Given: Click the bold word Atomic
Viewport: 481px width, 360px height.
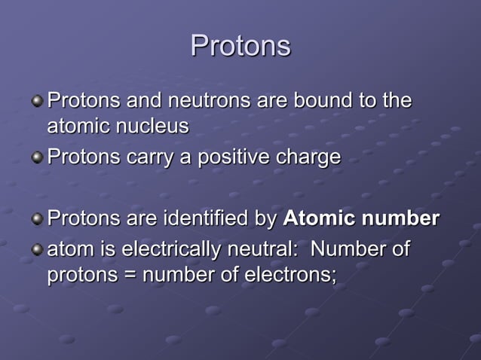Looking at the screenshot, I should pyautogui.click(x=317, y=219).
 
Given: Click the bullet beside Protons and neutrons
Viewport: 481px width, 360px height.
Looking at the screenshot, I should pyautogui.click(x=37, y=101).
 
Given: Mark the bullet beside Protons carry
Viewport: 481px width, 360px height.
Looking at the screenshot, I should pyautogui.click(x=37, y=158).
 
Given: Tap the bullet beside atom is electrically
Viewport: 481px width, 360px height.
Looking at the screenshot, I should pyautogui.click(x=37, y=249).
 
